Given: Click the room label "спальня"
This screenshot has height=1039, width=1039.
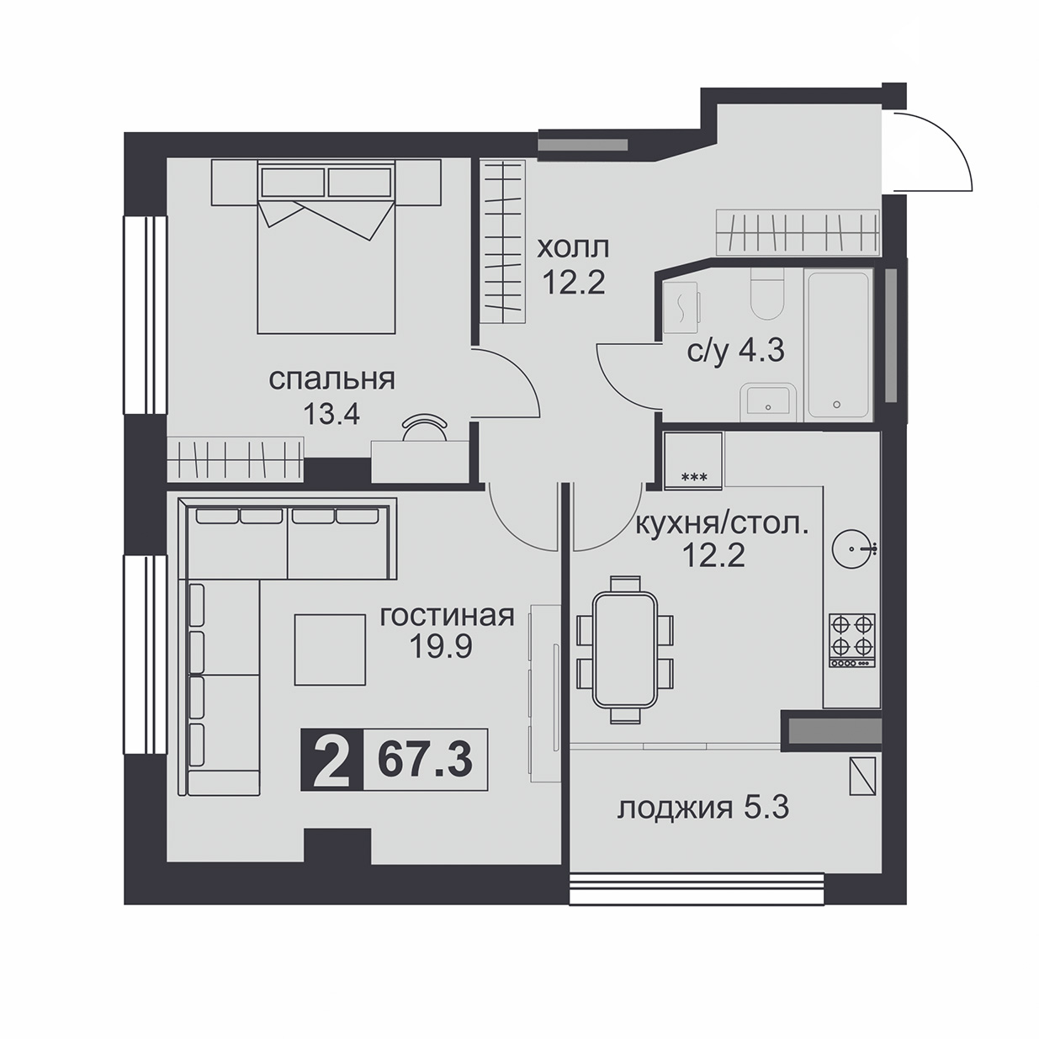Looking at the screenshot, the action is [331, 380].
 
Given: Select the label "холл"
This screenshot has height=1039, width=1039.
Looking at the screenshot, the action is [573, 248].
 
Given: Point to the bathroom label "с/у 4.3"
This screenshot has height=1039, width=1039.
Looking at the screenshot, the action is [735, 352].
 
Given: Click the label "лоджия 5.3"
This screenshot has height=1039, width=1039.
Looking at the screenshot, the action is [703, 824].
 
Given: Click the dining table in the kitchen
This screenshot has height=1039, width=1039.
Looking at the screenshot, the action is [624, 650].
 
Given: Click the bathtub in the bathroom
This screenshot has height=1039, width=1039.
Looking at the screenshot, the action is [838, 346].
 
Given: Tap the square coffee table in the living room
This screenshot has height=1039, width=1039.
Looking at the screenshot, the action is [331, 650].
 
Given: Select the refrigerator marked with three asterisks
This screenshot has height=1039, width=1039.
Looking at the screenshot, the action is [694, 460].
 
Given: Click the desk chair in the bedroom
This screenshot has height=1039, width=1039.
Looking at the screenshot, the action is [425, 426].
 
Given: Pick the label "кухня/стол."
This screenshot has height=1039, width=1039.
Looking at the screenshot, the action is [723, 525].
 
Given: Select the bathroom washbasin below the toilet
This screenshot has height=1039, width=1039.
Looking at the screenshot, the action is [768, 403].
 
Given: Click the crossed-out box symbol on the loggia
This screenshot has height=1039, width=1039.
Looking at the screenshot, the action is [862, 776].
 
